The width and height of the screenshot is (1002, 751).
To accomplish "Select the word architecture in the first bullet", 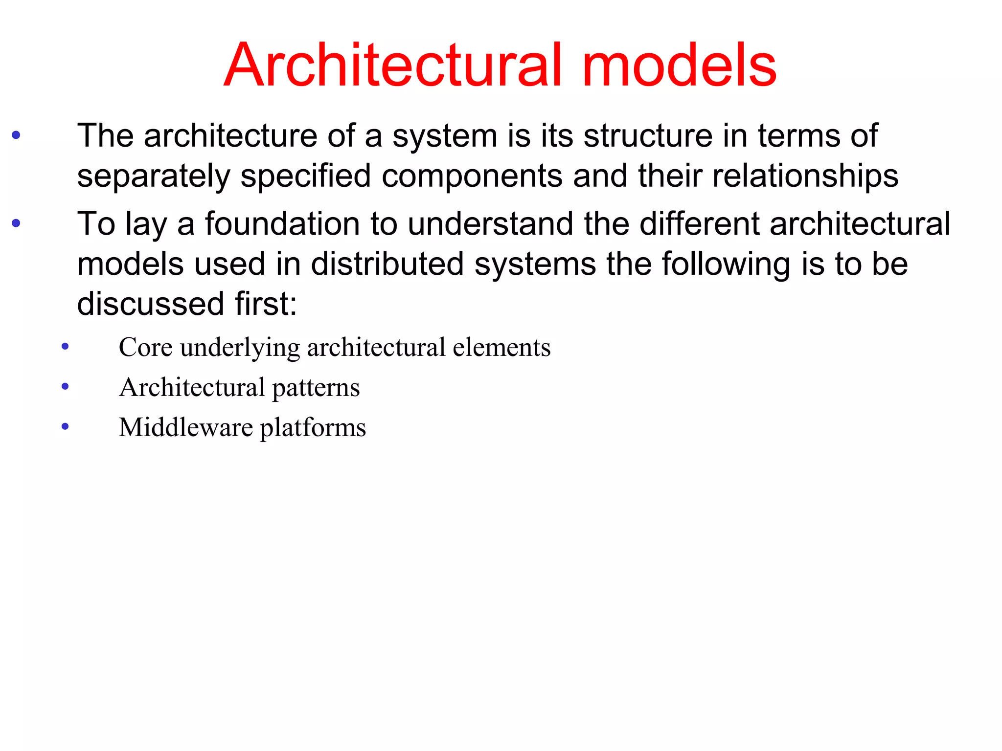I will click(230, 135).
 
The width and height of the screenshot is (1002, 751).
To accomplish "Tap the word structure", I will click(648, 135).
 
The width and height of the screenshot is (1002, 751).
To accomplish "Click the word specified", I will click(306, 176).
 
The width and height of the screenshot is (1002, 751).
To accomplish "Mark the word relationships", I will click(805, 176).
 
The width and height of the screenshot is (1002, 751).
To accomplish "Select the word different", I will click(700, 224).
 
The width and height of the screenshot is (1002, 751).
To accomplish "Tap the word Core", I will click(145, 348).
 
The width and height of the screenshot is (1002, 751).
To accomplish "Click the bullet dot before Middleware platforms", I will click(65, 427).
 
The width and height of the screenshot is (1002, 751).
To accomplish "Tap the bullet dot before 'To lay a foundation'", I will click(16, 224).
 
